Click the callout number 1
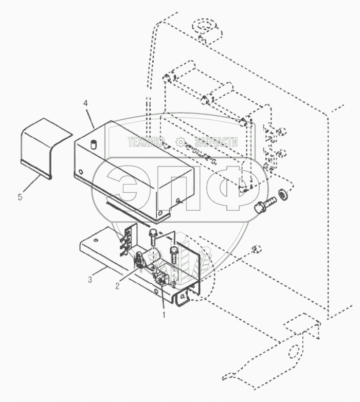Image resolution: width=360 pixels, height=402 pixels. point(164,312)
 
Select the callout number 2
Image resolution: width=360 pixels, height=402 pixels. point(117,285)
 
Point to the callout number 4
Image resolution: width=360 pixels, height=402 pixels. point(85,103)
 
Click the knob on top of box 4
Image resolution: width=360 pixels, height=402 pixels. point(94,144)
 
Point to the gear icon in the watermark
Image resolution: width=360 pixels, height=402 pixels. point(180,142)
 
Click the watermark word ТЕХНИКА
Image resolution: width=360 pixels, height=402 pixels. point(146,142)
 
